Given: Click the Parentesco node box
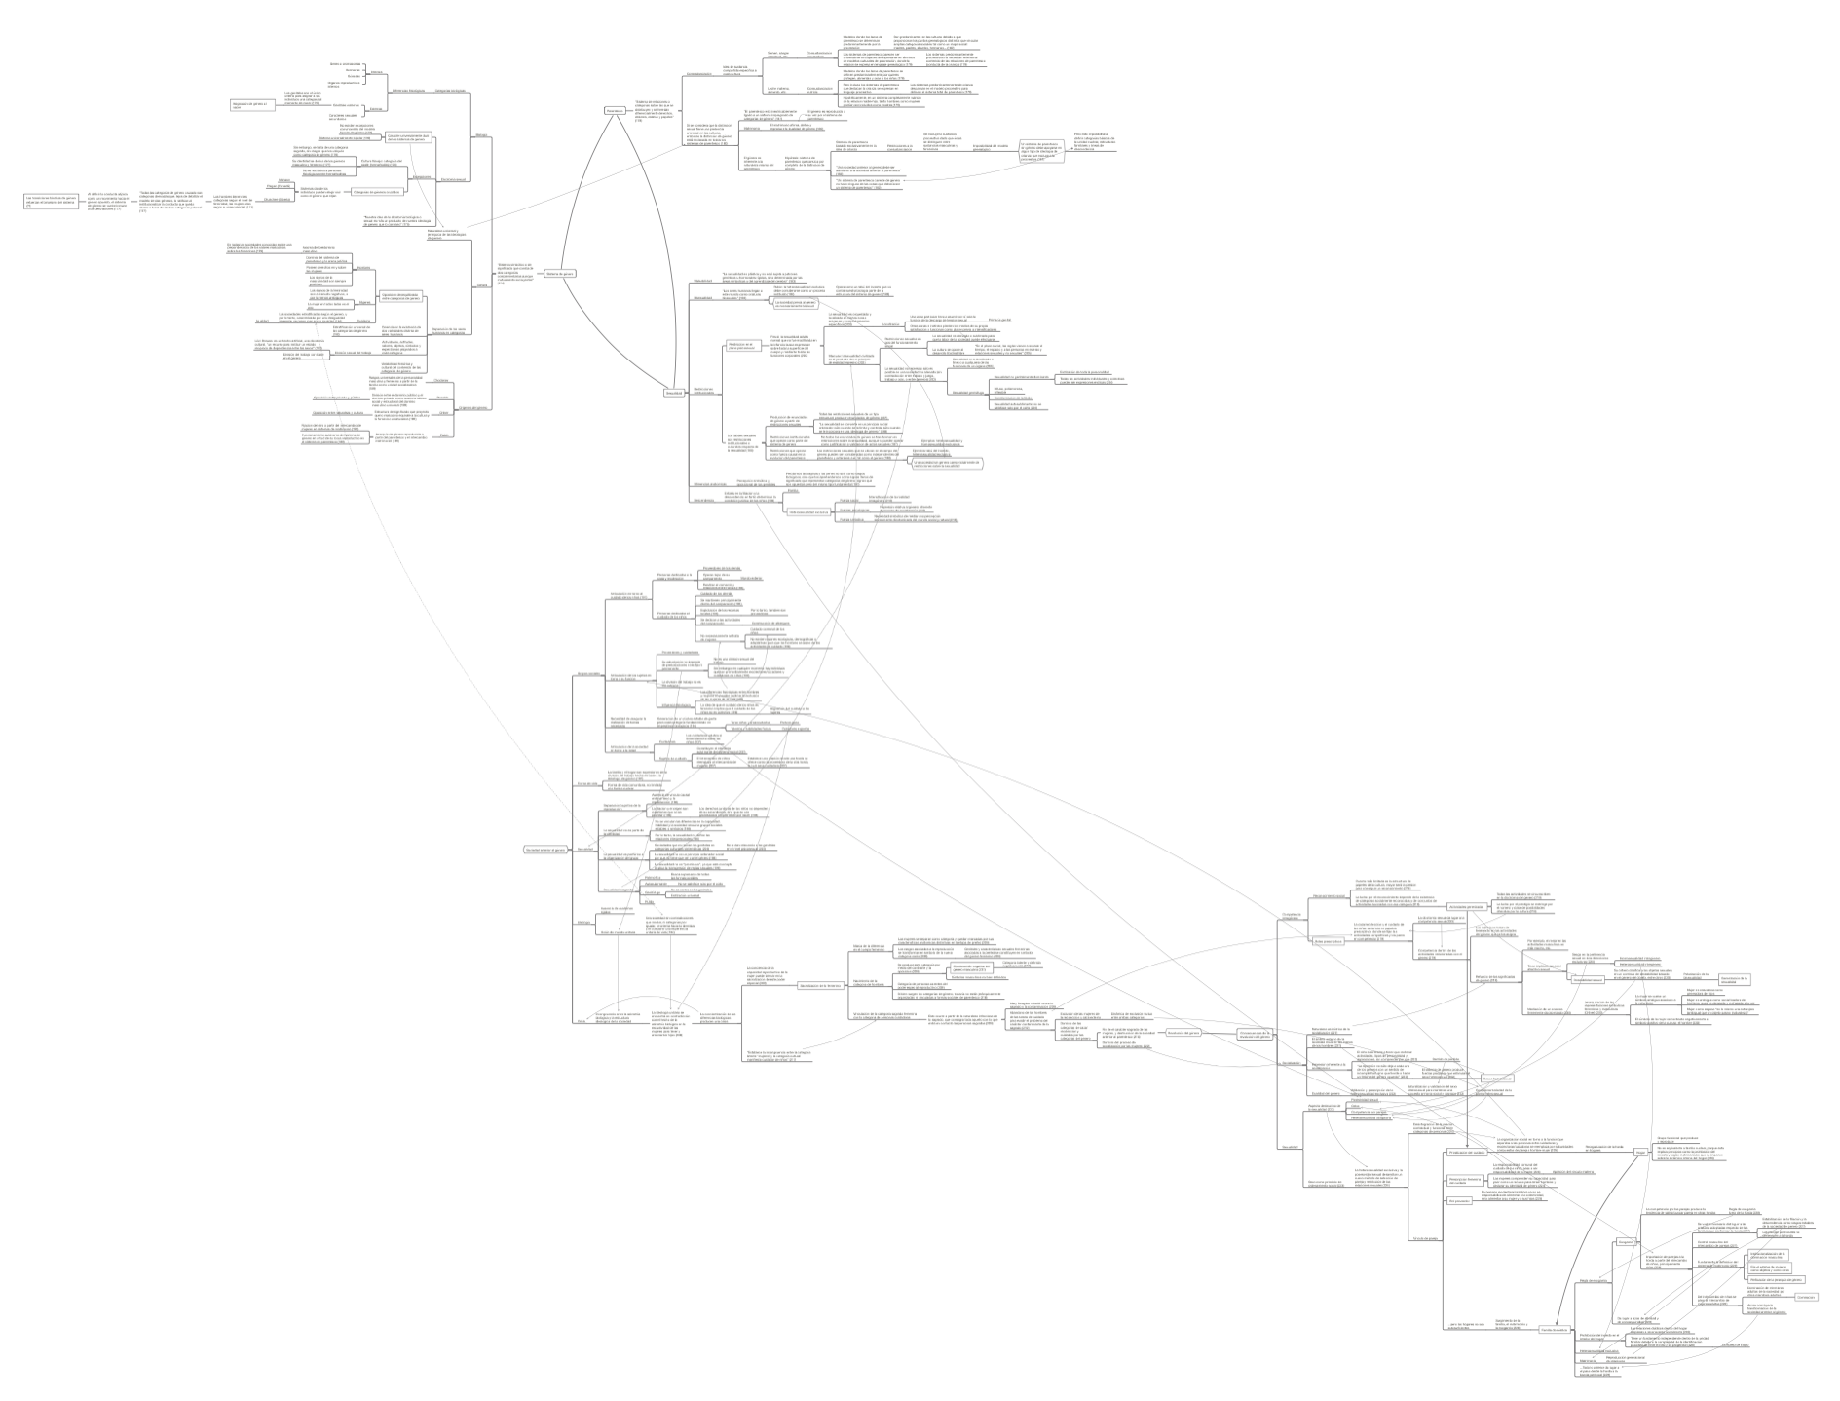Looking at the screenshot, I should pos(614,111).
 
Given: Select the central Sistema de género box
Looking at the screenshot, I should pos(559,274).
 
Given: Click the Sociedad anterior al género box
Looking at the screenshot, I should pos(544,850).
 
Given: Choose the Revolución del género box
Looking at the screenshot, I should pos(1182,1033).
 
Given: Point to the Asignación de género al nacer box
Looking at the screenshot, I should pos(248,105).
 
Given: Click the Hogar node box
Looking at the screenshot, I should pos(1640,1152).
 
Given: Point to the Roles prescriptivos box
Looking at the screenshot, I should pos(1328,948).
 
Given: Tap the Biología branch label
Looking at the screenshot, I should pos(481,134).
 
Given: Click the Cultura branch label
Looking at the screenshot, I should pos(481,285).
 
